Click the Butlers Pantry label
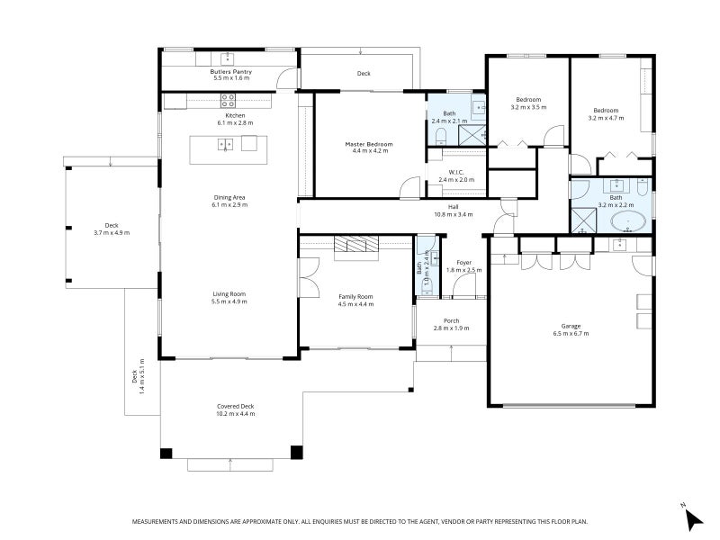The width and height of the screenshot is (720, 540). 230,71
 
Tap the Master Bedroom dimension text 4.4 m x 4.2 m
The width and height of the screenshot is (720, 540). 369,151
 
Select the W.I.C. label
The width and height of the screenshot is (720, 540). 455,173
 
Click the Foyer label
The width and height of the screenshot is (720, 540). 463,263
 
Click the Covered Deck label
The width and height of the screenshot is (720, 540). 235,406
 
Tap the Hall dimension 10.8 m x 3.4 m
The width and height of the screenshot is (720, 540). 454,214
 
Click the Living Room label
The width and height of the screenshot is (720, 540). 229,294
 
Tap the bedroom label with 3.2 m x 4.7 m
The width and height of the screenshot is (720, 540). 606,110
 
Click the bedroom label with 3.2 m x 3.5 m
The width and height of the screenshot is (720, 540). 528,99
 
